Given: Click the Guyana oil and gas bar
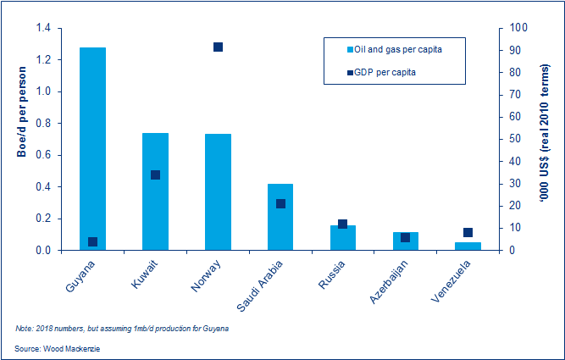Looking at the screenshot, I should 92,148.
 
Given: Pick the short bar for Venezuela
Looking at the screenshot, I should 468,246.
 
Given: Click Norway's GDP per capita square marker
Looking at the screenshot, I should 218,47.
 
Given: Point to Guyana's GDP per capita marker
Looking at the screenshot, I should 92,241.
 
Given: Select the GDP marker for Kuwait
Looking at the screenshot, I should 155,175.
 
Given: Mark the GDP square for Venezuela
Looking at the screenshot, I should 468,232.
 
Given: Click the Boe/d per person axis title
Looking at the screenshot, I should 20,115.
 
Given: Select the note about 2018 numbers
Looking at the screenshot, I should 122,328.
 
